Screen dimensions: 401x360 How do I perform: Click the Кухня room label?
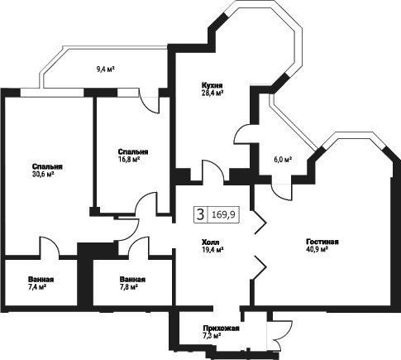point(212,84)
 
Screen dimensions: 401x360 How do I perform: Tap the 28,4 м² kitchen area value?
point(212,93)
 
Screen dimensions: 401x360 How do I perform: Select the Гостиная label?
point(322,242)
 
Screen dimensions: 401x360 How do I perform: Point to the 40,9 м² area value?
point(317,249)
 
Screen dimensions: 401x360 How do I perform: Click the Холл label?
point(211,242)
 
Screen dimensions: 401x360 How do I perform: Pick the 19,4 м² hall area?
point(212,250)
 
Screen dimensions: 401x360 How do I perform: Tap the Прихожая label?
point(222,329)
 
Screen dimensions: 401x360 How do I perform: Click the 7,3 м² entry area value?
point(212,336)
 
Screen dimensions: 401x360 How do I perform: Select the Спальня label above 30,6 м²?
point(47,166)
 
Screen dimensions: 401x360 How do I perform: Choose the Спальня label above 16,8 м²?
point(133,151)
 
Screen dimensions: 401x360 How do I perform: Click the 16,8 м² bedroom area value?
point(129,159)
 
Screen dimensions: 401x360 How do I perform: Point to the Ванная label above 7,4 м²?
point(41,280)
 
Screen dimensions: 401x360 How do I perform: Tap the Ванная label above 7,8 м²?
point(132,280)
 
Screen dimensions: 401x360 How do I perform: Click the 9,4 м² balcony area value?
point(105,70)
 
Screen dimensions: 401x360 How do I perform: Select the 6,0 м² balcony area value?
point(283,160)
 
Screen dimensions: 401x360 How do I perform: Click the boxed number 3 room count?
point(200,214)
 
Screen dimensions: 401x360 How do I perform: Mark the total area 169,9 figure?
point(223,214)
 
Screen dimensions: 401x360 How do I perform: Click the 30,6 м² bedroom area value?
point(43,174)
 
